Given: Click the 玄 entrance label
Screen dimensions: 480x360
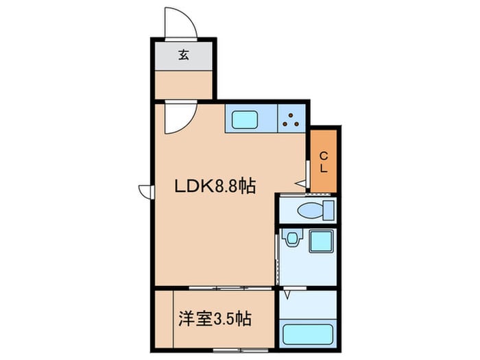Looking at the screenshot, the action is [x=183, y=55].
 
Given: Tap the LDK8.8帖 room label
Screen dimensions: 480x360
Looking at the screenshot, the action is [x=215, y=186].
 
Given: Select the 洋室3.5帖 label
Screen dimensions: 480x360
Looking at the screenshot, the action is [x=215, y=319].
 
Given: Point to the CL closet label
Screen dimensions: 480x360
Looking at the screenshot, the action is [x=324, y=163].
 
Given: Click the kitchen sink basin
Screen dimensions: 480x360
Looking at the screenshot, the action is [x=244, y=120].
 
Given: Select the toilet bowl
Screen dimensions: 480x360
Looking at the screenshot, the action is [x=310, y=211].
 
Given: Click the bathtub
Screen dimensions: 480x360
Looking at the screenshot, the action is [x=308, y=334].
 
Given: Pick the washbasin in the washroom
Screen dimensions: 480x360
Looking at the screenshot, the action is [x=292, y=237].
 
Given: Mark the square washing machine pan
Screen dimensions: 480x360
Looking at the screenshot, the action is [x=321, y=241].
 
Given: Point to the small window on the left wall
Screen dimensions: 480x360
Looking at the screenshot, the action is [x=146, y=192].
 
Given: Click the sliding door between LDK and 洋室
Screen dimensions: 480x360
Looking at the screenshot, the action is [x=230, y=288].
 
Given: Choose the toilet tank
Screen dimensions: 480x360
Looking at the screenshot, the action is [x=328, y=211].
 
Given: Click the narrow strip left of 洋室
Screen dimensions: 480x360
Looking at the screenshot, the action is [x=165, y=319].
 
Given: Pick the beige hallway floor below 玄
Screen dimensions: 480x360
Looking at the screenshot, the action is [x=184, y=85].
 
